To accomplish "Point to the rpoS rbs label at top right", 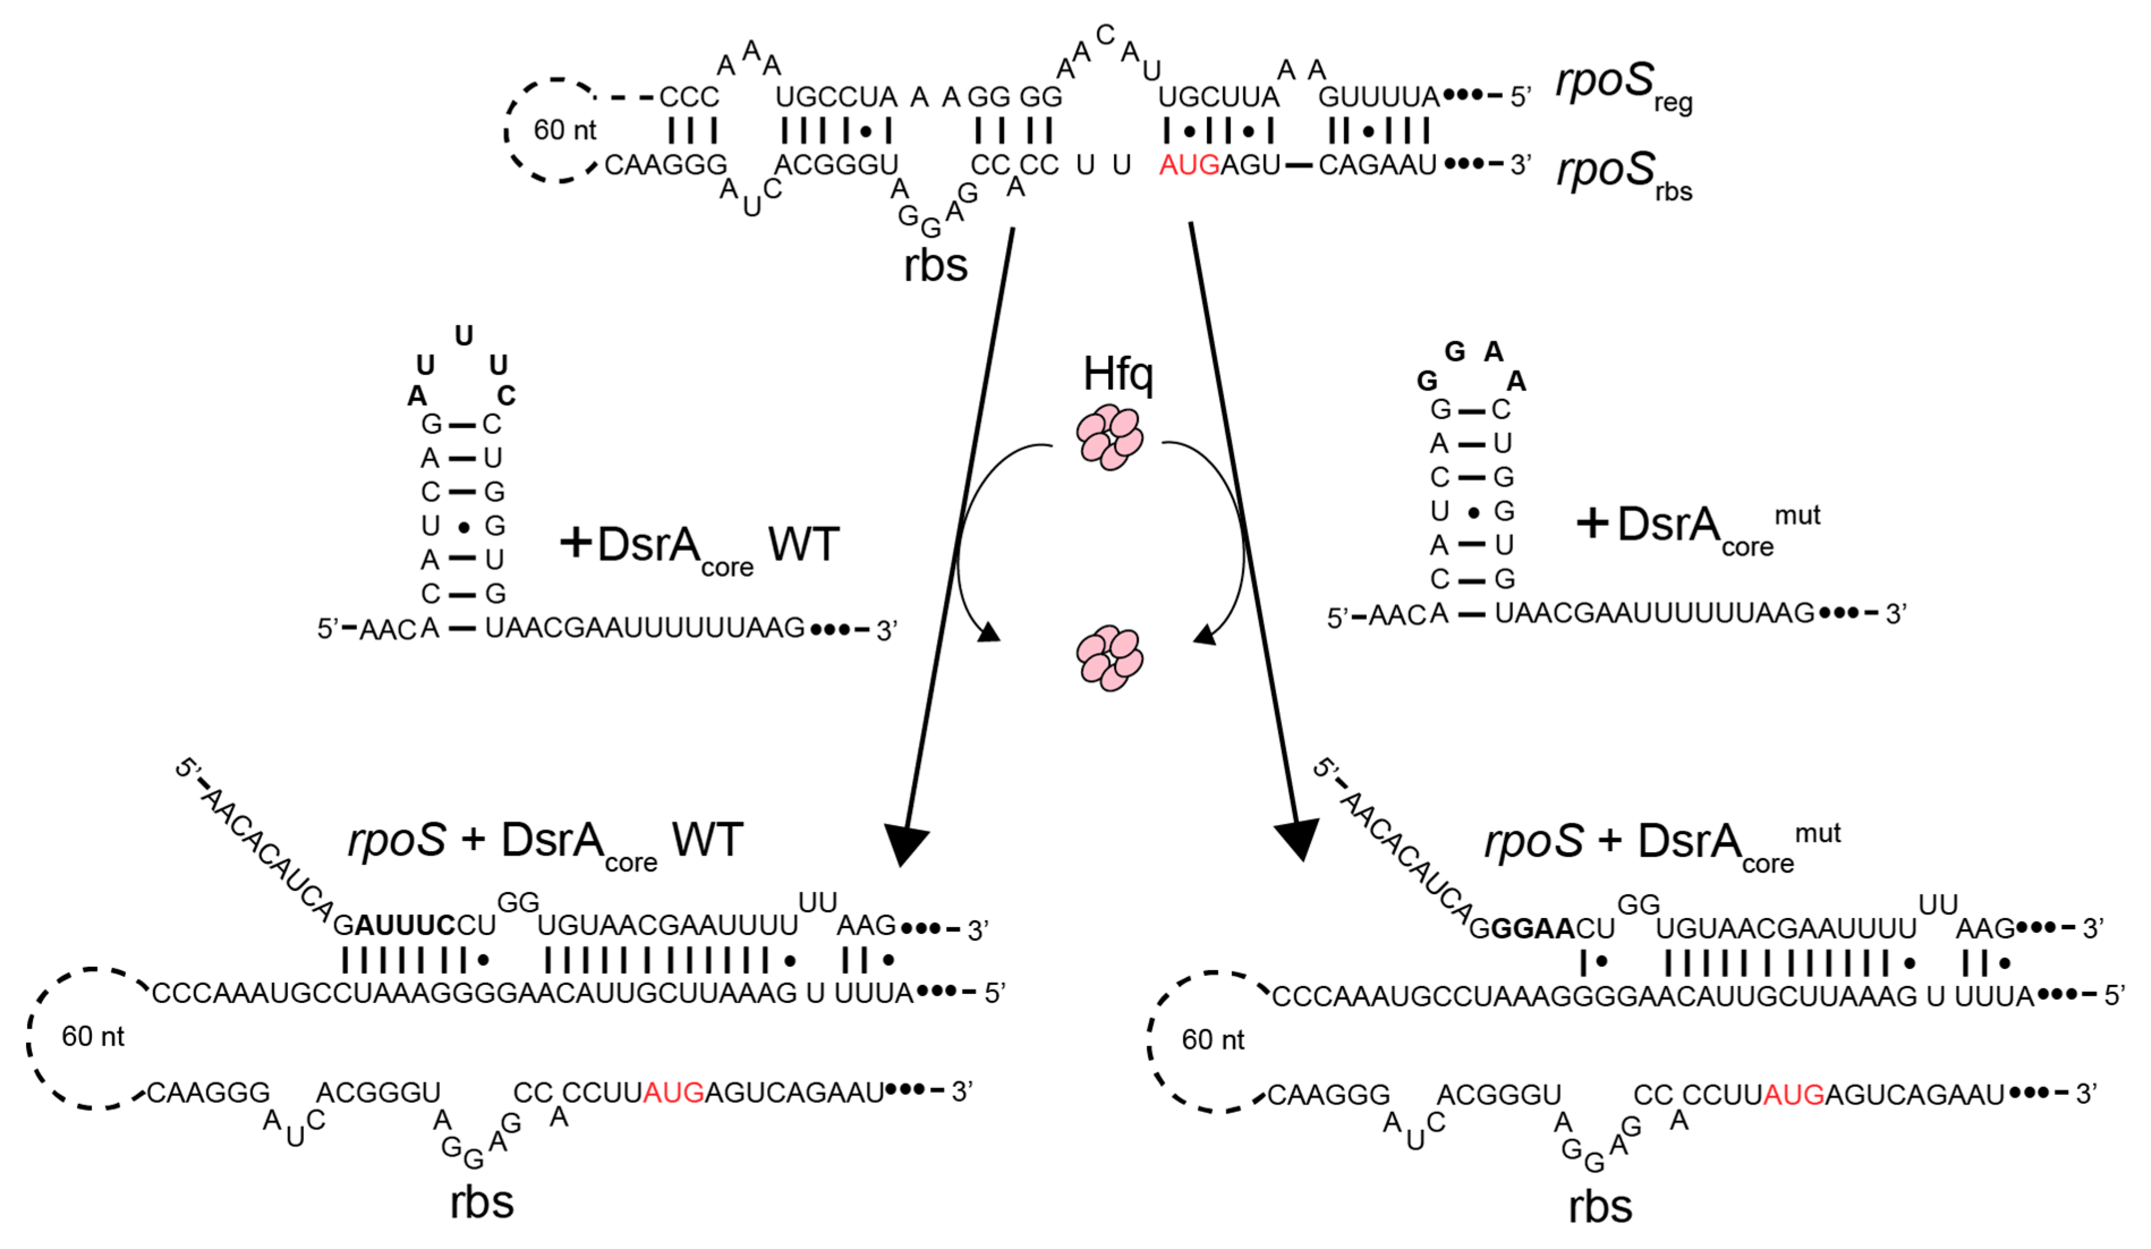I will [x=1622, y=173].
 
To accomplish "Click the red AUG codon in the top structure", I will [x=1189, y=165].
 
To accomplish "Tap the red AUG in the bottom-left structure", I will [x=674, y=1092].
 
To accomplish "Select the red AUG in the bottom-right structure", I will [x=1794, y=1094].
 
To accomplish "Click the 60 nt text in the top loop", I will [x=564, y=130].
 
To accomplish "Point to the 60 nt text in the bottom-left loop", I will [x=92, y=1036].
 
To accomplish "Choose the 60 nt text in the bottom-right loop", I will [x=1212, y=1040].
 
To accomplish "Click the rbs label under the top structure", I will [x=935, y=266].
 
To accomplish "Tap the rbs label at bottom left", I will [x=482, y=1202].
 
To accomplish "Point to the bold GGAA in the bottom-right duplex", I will [x=1532, y=928].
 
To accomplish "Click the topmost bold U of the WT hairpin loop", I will [x=463, y=335].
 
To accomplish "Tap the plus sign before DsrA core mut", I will [x=1592, y=522].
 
